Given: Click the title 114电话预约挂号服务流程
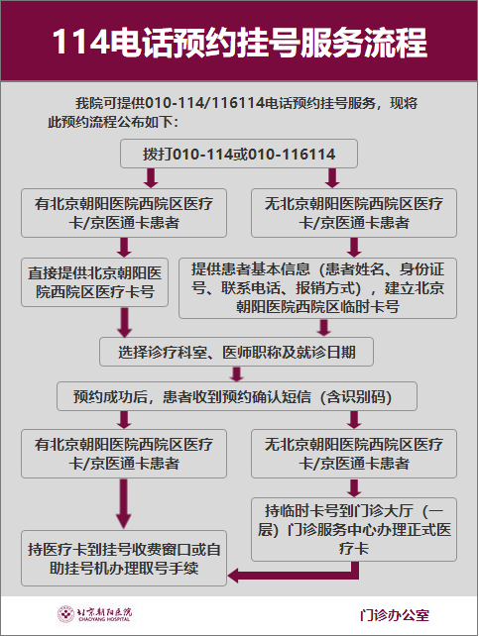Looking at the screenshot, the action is (240, 42).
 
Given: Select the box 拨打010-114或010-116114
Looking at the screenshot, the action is (239, 154).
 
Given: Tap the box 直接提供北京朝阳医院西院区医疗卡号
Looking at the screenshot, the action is (94, 282).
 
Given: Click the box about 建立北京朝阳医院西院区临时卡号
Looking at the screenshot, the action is (317, 288).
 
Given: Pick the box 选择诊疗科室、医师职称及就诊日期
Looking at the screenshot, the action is (236, 352).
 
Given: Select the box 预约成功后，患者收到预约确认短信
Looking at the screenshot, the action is (237, 396).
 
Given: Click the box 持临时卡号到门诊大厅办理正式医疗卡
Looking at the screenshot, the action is (354, 529).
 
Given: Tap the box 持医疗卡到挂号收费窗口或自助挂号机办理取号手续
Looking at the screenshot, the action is (124, 558).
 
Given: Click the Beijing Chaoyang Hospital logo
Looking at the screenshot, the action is (95, 614).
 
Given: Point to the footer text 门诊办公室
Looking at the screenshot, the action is (395, 615).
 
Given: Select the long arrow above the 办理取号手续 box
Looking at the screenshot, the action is (123, 504).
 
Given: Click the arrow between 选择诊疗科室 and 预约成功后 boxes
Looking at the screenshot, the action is (236, 374).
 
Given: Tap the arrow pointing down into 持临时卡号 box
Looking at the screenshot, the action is (354, 488).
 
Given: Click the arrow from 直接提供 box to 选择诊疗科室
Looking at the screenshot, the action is (124, 323).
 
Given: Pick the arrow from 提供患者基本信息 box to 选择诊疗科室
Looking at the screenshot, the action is (323, 328).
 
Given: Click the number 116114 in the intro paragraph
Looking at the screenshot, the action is (238, 103).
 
